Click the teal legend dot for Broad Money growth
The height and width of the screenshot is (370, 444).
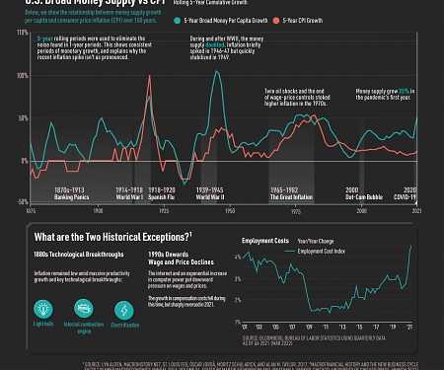click(177, 20)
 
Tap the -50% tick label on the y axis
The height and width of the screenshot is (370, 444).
click(21, 201)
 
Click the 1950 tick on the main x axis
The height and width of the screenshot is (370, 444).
click(229, 210)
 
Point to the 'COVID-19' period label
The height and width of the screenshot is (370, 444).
click(407, 194)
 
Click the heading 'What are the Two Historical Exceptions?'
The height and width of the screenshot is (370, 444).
click(111, 238)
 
